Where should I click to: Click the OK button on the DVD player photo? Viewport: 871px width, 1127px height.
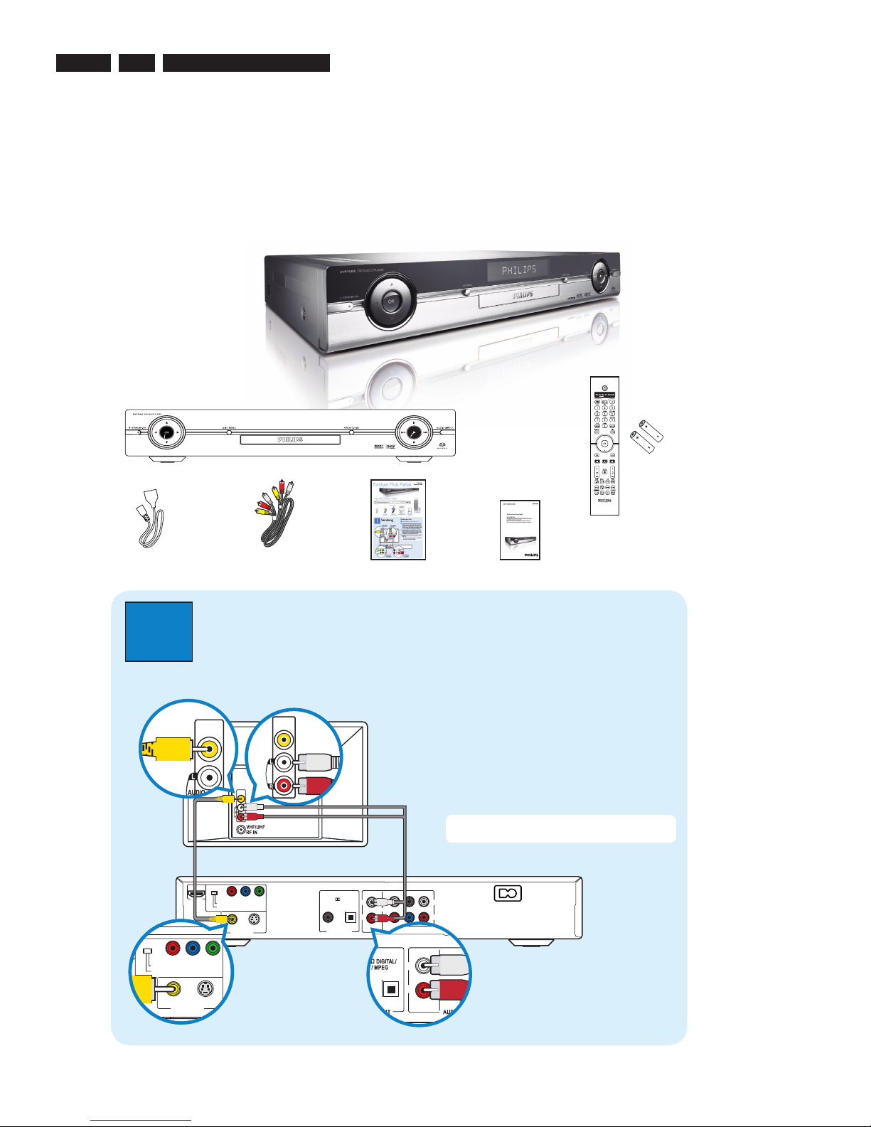tap(391, 301)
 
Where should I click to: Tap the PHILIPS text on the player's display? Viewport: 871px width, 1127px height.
tap(519, 270)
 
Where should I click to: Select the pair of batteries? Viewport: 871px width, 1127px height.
tap(647, 436)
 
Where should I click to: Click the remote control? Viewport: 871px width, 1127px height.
tap(604, 446)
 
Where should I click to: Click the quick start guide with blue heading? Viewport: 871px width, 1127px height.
tap(398, 519)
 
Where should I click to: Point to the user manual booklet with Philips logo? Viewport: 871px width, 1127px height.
tap(520, 530)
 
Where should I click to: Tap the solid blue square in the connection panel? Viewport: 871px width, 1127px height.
tap(159, 631)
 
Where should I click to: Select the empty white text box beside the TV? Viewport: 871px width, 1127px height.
tap(560, 828)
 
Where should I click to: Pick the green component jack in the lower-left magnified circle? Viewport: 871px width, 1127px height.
tap(212, 948)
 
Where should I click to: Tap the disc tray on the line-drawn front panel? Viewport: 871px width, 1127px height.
tap(289, 440)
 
